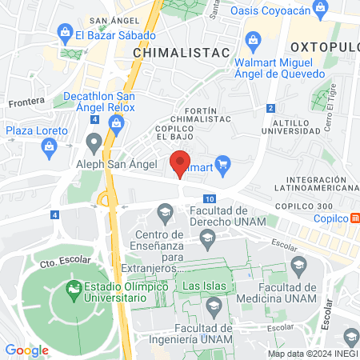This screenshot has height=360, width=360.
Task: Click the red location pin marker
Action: pos(180,162)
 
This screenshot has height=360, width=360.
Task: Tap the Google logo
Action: pos(26,350)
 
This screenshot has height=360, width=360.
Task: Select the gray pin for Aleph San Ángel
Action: pos(94,145)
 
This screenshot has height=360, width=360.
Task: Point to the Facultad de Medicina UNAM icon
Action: pos(298,266)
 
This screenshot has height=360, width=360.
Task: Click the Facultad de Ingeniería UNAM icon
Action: pos(214,306)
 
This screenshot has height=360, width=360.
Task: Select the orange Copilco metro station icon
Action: pos(355,218)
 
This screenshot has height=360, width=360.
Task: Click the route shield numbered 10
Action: pos(209,198)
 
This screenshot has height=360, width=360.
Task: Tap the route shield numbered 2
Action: pos(271,108)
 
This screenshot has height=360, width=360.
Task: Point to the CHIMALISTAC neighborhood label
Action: pos(181,52)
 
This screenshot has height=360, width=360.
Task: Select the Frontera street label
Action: pos(24,102)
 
